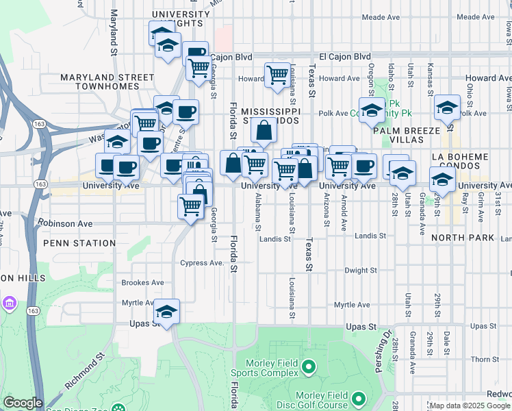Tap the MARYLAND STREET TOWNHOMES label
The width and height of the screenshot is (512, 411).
tap(107, 82)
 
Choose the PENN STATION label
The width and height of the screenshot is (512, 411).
tap(79, 243)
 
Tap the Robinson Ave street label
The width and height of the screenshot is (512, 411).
tap(65, 223)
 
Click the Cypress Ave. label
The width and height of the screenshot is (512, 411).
tap(202, 263)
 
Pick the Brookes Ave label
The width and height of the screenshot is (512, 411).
tap(142, 282)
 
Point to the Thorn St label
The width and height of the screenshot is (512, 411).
tap(485, 359)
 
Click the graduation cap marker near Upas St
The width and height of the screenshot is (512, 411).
tap(166, 312)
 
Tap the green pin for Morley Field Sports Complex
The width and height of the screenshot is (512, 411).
tap(308, 369)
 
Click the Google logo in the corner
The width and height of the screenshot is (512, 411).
tap(23, 403)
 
